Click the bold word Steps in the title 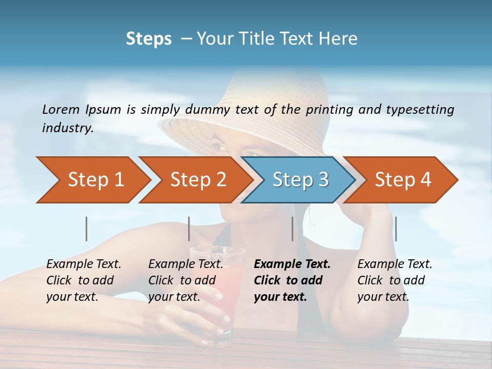(149, 38)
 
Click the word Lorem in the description (61, 109)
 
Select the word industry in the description (68, 128)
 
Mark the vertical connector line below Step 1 (87, 229)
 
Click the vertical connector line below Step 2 (189, 229)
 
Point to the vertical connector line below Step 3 (293, 229)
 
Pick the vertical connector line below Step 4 (396, 229)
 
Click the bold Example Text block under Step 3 (292, 280)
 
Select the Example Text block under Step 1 (84, 280)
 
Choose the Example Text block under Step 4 (395, 280)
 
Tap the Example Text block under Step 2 (186, 280)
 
